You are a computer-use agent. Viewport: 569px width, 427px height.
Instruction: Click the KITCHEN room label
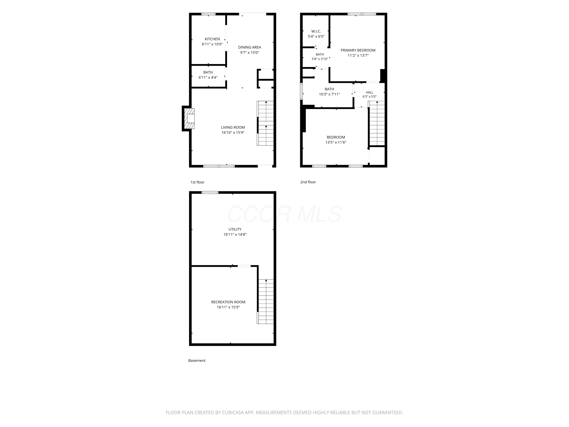click(x=212, y=39)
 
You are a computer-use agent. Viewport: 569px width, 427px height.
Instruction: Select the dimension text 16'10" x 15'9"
click(x=233, y=132)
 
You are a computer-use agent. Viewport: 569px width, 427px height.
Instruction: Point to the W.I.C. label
click(x=316, y=31)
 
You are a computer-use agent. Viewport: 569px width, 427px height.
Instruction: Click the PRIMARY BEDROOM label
click(x=358, y=50)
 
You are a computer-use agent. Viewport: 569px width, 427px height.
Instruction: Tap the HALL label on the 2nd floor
click(x=369, y=92)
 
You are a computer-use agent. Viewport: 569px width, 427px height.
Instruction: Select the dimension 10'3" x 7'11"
click(x=329, y=94)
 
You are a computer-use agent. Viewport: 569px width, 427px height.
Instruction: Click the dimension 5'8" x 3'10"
click(x=320, y=59)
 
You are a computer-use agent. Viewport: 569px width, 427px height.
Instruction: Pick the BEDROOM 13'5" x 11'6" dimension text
click(x=336, y=142)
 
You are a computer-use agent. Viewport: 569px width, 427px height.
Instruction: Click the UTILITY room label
click(x=235, y=229)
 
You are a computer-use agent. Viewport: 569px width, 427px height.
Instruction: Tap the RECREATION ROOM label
click(x=228, y=302)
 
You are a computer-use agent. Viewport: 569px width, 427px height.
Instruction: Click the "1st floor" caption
click(x=197, y=182)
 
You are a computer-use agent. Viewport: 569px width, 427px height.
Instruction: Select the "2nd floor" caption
click(x=308, y=182)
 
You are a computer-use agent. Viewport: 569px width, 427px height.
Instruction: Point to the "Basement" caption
click(x=197, y=361)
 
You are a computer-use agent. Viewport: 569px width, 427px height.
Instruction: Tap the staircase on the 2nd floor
click(x=377, y=123)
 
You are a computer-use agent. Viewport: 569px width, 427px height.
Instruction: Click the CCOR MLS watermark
click(x=284, y=214)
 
